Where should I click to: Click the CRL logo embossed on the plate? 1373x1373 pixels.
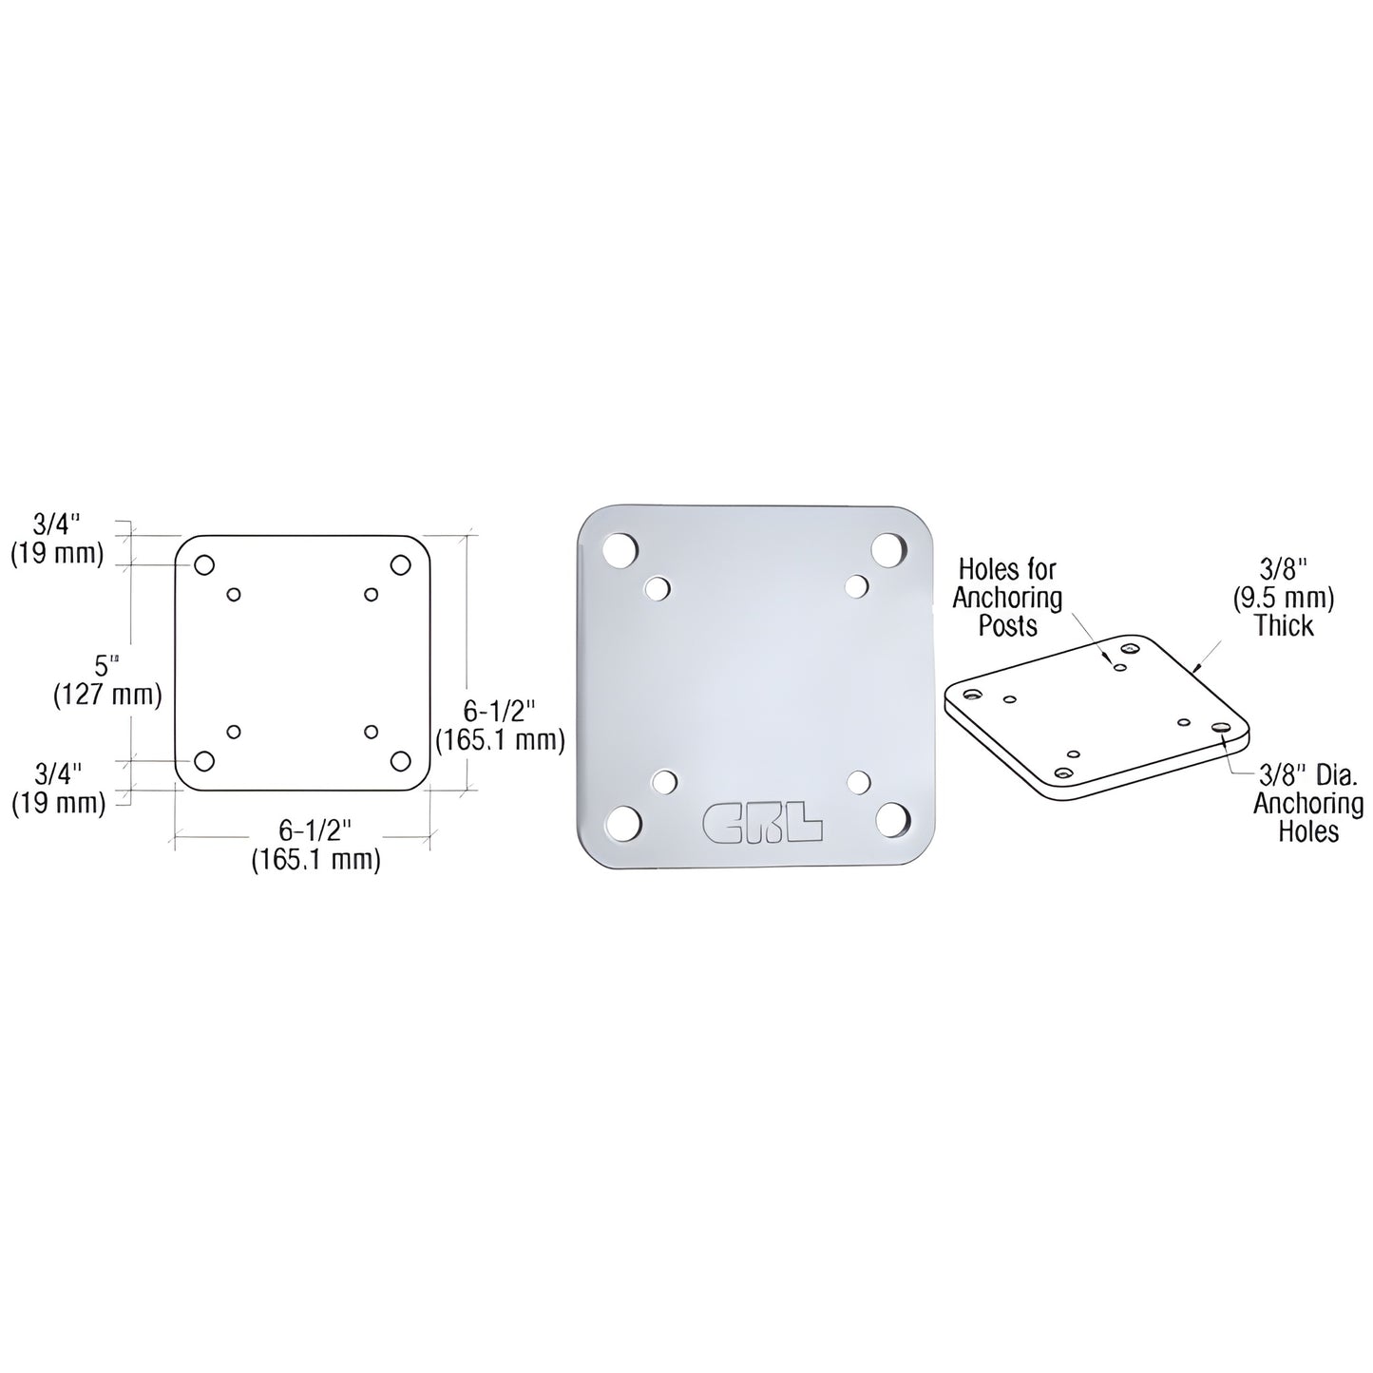pos(762,823)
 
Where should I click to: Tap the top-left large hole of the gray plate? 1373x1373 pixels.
pos(620,550)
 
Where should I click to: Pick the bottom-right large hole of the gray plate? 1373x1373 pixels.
pos(894,820)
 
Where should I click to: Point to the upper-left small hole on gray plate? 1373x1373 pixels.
pos(657,589)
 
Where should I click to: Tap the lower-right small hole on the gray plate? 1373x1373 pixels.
pos(859,781)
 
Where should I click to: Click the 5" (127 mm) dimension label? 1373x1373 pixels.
pos(106,680)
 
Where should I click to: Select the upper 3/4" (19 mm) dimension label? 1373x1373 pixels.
pos(57,538)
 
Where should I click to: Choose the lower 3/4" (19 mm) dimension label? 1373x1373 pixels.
pos(58,789)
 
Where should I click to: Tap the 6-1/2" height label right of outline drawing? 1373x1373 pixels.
pos(500,724)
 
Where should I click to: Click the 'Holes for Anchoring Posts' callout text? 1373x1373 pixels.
pos(1007,598)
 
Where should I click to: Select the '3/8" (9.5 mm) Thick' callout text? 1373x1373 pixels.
pos(1284,598)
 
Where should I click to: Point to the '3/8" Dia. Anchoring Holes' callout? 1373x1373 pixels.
pos(1307,804)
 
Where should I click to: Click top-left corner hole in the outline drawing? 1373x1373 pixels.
pos(204,565)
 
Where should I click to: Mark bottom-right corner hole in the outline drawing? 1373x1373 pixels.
pos(400,761)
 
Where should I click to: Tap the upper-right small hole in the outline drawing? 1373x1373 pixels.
pos(372,595)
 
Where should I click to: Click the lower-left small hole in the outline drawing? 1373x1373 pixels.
pos(234,732)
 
